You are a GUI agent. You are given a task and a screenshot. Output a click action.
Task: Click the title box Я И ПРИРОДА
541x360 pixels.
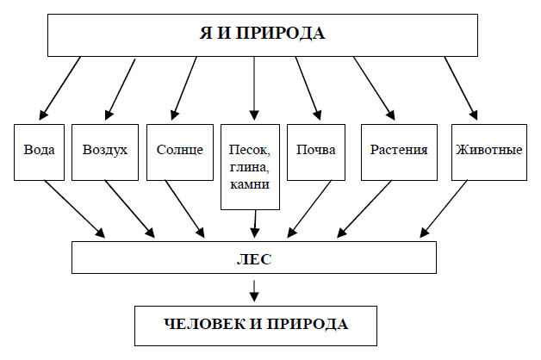click(x=263, y=35)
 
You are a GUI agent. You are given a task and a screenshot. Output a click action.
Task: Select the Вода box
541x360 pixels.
click(x=39, y=152)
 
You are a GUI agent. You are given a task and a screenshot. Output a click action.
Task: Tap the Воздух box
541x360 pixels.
click(x=105, y=152)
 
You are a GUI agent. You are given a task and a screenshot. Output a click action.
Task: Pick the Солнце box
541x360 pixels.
click(x=180, y=152)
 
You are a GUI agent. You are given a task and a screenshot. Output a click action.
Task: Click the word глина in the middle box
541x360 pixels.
click(x=250, y=168)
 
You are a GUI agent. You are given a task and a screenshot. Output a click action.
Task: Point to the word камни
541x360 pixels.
click(x=250, y=184)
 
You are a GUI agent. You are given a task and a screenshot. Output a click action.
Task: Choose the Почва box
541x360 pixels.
click(x=316, y=152)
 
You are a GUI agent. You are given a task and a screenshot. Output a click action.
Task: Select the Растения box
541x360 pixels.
click(x=399, y=152)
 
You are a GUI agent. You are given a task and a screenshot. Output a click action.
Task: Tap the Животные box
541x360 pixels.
click(x=489, y=152)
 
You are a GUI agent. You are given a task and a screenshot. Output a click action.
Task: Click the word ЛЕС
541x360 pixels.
click(x=254, y=259)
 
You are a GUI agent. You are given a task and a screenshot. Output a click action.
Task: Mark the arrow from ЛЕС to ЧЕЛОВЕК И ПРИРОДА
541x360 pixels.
click(x=254, y=291)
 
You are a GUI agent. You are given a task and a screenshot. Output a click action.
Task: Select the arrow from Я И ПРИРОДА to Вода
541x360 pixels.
click(x=60, y=88)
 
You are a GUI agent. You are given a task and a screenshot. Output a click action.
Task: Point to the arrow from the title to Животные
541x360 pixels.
click(x=461, y=88)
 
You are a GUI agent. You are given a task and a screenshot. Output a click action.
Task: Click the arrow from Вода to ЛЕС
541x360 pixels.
click(x=75, y=209)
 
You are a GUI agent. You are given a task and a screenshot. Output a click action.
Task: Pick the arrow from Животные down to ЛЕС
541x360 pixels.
click(x=444, y=209)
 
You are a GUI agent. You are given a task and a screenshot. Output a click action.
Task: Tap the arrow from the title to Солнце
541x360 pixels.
click(x=184, y=88)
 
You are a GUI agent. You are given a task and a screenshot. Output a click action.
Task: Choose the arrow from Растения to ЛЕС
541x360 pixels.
click(x=364, y=209)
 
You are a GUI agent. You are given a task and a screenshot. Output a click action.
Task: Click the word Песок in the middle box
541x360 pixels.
click(x=250, y=151)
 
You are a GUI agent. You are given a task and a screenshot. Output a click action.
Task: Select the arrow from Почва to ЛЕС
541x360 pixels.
click(x=309, y=209)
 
